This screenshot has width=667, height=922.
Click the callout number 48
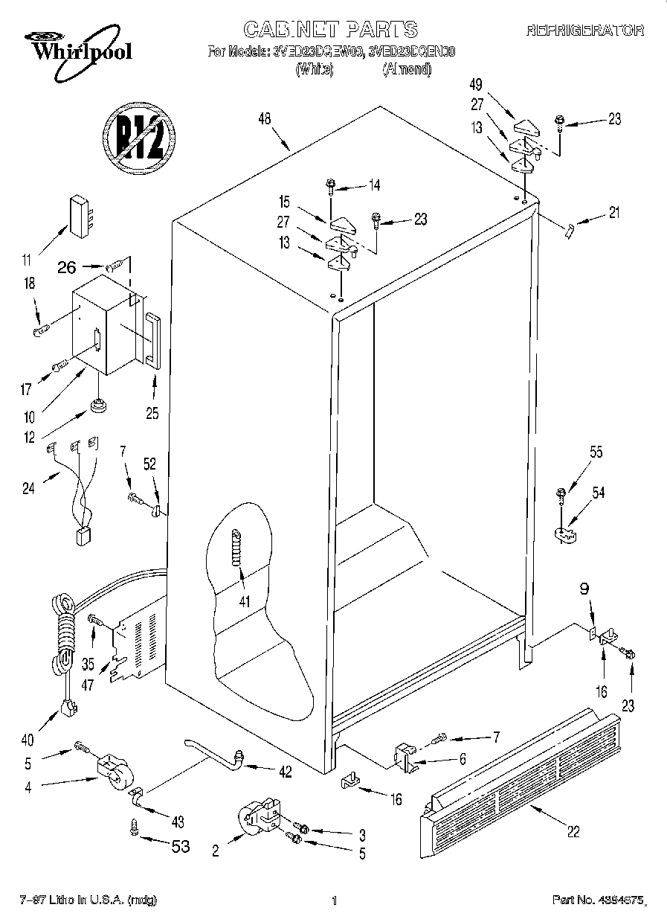click(x=264, y=120)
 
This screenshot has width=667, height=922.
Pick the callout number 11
click(x=27, y=260)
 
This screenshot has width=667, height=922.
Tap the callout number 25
click(x=152, y=414)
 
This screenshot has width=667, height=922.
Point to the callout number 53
click(x=181, y=846)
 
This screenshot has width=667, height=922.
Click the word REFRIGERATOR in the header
click(x=584, y=31)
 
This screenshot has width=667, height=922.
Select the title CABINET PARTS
click(x=331, y=30)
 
